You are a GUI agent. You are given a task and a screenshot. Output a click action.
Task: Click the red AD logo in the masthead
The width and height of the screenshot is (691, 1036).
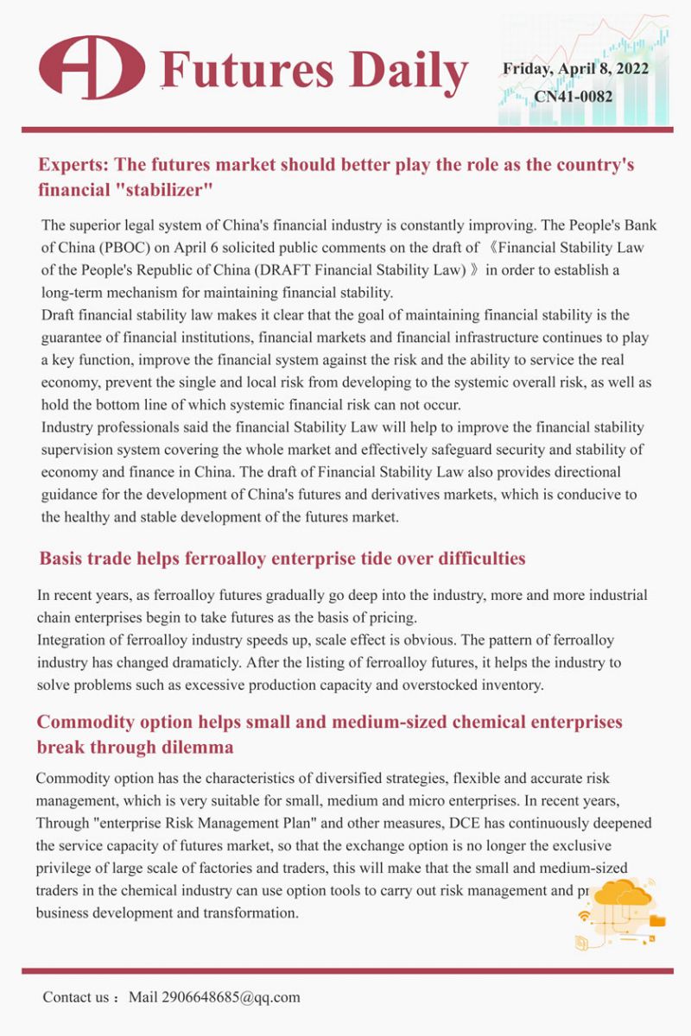click(92, 67)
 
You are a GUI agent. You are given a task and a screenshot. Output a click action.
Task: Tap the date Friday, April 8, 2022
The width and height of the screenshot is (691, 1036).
click(575, 68)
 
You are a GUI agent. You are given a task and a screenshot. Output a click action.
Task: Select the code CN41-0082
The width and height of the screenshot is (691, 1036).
click(574, 96)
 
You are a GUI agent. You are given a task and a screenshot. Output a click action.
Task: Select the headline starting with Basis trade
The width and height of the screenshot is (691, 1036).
click(282, 559)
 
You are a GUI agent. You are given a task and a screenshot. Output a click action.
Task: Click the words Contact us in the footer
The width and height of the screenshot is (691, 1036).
click(76, 997)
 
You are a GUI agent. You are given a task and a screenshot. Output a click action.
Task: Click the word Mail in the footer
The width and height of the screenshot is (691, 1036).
click(143, 997)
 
